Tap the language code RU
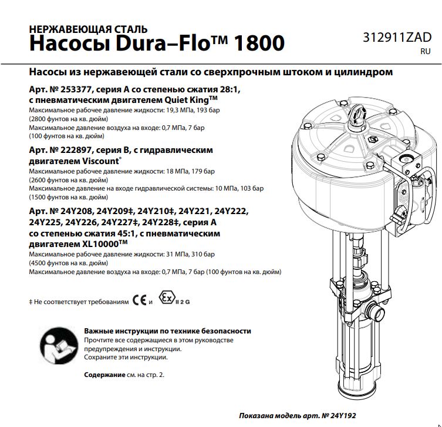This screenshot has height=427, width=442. click(x=425, y=52)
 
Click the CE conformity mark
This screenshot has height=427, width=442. click(x=139, y=301)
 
